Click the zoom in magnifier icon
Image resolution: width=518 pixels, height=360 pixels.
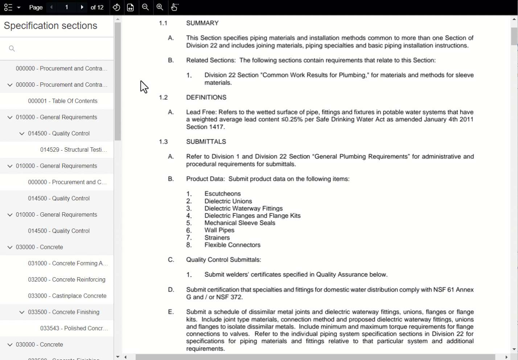pyautogui.click(x=160, y=7)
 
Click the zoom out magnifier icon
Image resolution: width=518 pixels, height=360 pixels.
pyautogui.click(x=145, y=7)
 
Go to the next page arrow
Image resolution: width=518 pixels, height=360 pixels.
pyautogui.click(x=82, y=7)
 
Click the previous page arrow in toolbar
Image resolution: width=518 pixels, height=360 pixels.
pyautogui.click(x=52, y=7)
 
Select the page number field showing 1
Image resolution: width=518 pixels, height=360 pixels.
pyautogui.click(x=67, y=7)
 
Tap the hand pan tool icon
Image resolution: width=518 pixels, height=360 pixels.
pyautogui.click(x=174, y=7)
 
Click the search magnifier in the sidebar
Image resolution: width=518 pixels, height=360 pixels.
pyautogui.click(x=12, y=49)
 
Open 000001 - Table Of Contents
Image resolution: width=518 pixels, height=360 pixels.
pyautogui.click(x=62, y=101)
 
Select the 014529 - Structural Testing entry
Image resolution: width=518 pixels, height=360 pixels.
pyautogui.click(x=73, y=150)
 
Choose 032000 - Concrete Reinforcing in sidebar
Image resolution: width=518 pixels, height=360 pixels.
pyautogui.click(x=66, y=279)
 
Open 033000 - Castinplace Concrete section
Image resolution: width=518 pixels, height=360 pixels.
pyautogui.click(x=67, y=296)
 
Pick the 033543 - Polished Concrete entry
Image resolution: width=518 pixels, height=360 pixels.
pyautogui.click(x=74, y=328)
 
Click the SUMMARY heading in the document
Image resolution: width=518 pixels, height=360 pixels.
pyautogui.click(x=202, y=23)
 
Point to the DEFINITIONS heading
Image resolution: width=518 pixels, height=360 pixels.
pyautogui.click(x=206, y=97)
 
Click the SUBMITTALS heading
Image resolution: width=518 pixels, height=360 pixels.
pyautogui.click(x=206, y=142)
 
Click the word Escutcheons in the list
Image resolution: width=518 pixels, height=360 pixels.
pyautogui.click(x=222, y=194)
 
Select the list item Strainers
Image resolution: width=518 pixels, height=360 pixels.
pyautogui.click(x=217, y=238)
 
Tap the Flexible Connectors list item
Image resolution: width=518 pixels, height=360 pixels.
pyautogui.click(x=232, y=245)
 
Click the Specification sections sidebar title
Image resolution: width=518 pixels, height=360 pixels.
pyautogui.click(x=50, y=26)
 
